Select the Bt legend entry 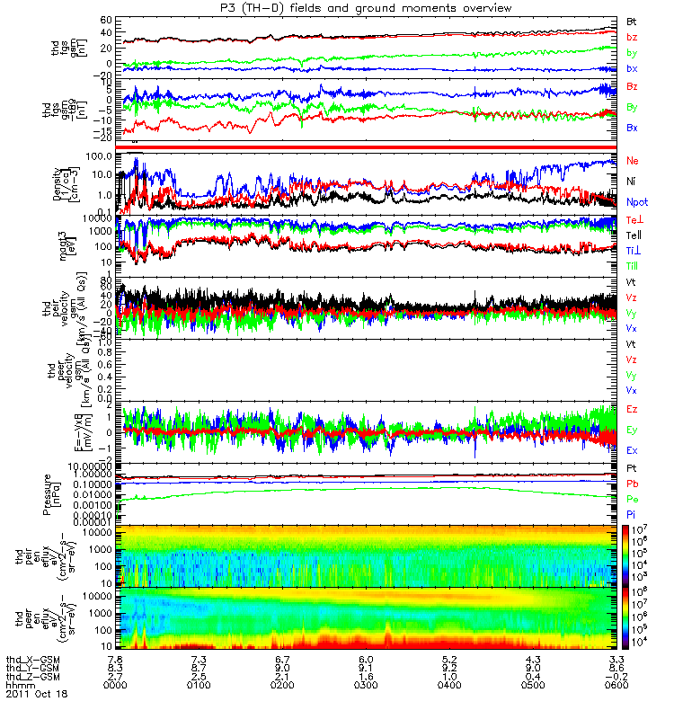pyautogui.click(x=632, y=20)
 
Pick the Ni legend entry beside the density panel pyautogui.click(x=632, y=182)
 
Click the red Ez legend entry pyautogui.click(x=632, y=409)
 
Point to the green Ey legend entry pyautogui.click(x=632, y=430)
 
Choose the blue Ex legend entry pyautogui.click(x=632, y=450)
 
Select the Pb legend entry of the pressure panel pyautogui.click(x=632, y=484)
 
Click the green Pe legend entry pyautogui.click(x=632, y=498)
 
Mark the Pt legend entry pyautogui.click(x=632, y=469)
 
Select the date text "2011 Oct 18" pyautogui.click(x=36, y=694)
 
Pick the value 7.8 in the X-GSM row pyautogui.click(x=125, y=660)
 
